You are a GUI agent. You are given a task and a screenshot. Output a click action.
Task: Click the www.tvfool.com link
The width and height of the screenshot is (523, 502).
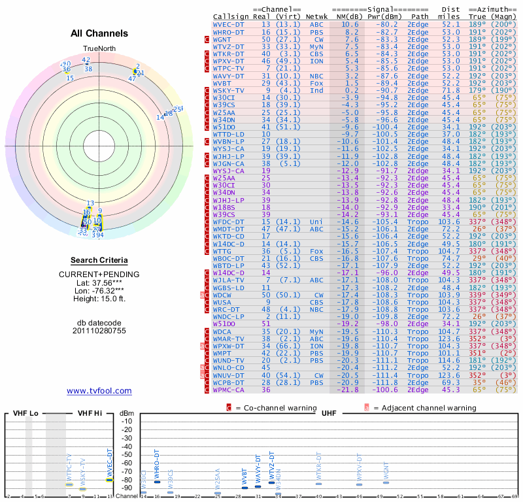coord(99,391)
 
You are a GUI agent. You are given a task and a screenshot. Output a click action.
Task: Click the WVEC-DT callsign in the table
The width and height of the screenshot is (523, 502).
coord(229,24)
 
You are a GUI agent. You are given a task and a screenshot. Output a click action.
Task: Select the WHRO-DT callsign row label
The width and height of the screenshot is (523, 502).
coord(229,31)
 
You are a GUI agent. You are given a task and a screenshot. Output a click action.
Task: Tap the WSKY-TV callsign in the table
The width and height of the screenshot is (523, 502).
coord(229,90)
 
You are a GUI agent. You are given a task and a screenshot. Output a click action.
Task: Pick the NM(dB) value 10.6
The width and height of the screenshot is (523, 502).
coord(350,24)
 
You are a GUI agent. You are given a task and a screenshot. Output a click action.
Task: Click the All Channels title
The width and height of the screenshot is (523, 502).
coord(99,33)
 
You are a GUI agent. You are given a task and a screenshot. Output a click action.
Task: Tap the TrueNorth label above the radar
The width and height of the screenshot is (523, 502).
coord(99,50)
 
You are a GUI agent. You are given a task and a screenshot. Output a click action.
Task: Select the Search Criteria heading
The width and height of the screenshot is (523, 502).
coord(99,260)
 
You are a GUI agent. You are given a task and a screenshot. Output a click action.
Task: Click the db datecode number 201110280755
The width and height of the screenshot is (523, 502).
coord(99,331)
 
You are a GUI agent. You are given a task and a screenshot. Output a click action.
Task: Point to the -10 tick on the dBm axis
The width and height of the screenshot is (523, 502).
coord(127,421)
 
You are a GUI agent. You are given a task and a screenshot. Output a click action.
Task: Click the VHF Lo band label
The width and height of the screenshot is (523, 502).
coord(24,413)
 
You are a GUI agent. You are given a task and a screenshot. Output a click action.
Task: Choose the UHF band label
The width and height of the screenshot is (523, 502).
coord(328,413)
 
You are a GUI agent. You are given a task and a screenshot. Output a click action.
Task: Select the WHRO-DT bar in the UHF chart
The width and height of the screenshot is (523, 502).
coord(157,482)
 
